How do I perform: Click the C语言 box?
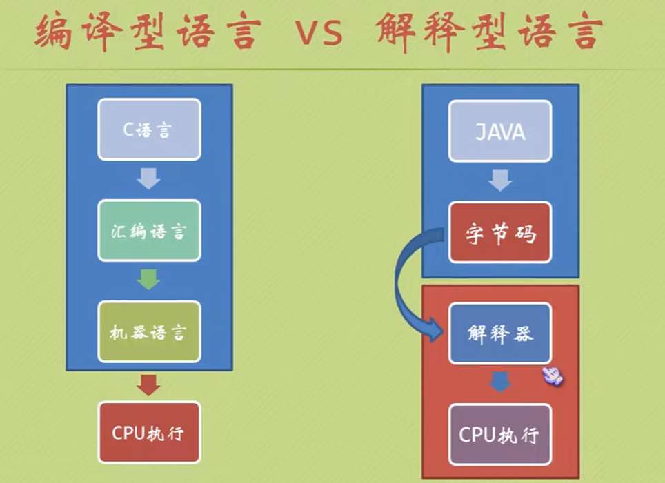tap(148, 130)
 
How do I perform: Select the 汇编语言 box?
tap(148, 231)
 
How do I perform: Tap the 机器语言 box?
tap(148, 332)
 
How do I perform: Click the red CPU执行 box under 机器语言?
tap(148, 433)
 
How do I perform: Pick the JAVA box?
tap(500, 131)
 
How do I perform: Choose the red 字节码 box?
tap(500, 233)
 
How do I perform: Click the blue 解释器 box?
tap(500, 333)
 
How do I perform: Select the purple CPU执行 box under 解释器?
tap(500, 434)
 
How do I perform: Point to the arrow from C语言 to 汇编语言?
tap(148, 179)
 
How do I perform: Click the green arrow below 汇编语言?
tap(148, 280)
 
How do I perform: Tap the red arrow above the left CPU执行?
tap(148, 384)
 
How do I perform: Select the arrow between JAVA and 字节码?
tap(500, 181)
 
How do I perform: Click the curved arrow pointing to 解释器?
tap(407, 289)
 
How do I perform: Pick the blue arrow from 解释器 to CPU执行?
tap(500, 382)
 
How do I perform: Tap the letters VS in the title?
tap(319, 33)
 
